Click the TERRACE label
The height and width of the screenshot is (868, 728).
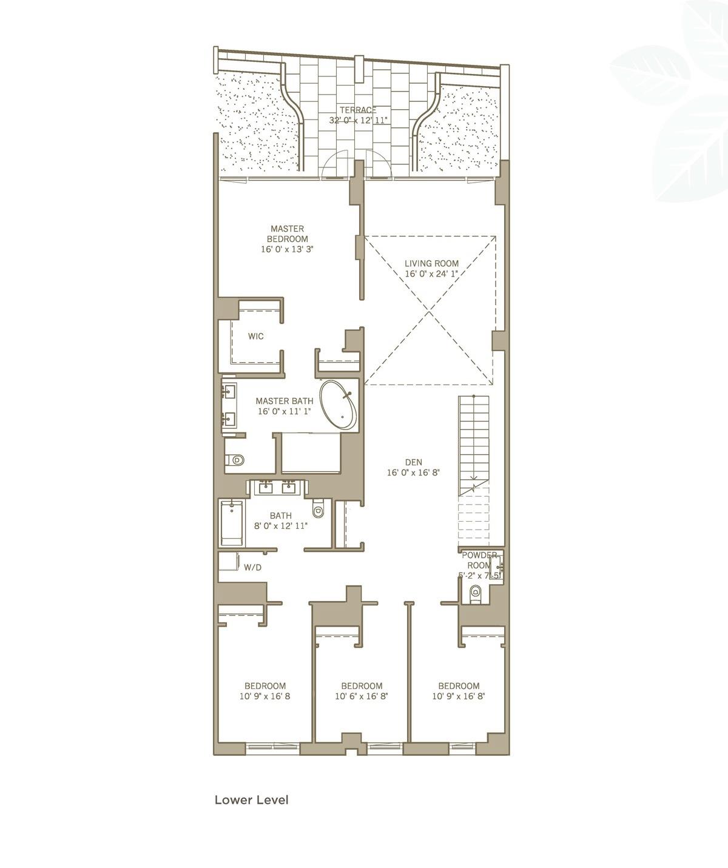[358, 110]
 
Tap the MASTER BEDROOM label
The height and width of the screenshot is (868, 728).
[287, 234]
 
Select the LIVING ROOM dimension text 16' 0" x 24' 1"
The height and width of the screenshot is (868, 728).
[431, 274]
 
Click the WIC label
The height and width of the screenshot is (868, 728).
[256, 336]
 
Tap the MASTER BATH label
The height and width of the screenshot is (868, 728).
[285, 401]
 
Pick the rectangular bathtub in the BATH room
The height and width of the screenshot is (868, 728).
[231, 522]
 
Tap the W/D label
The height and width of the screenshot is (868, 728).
[253, 568]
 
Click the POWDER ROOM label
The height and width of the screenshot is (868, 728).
[480, 560]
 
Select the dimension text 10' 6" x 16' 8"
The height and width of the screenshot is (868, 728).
[362, 697]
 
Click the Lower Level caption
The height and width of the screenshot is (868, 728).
[252, 799]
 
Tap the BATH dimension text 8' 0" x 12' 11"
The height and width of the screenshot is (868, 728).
[281, 526]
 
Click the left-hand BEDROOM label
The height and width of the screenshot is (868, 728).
[265, 686]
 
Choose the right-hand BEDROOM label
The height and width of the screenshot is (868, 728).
[459, 686]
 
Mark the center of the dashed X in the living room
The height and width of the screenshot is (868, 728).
[431, 310]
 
